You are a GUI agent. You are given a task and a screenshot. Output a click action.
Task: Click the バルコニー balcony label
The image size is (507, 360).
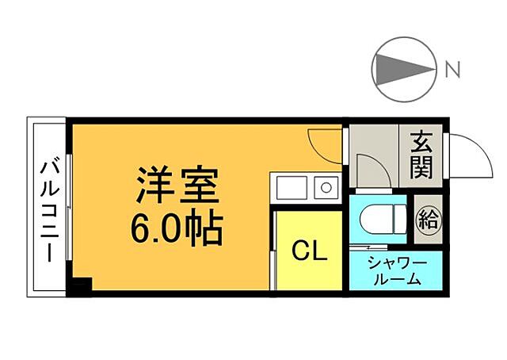click(x=48, y=211)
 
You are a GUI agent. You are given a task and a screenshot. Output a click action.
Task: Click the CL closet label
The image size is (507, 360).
click(x=309, y=252)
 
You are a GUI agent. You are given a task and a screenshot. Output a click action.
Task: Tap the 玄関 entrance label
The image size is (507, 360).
click(x=421, y=156)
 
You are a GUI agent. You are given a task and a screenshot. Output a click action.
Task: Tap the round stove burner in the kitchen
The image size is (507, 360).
click(x=325, y=188)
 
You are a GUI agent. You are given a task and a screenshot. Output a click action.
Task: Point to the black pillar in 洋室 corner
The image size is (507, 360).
click(x=82, y=284)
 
